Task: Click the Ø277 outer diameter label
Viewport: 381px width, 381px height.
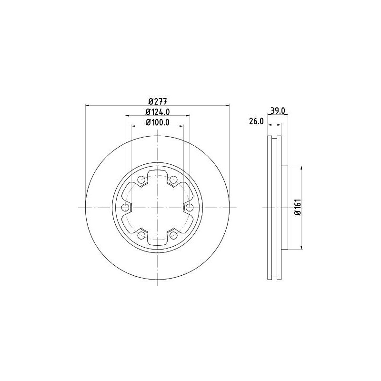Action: (158, 101)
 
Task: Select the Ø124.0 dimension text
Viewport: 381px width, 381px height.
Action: (158, 112)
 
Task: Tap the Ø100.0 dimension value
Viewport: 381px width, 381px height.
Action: (158, 122)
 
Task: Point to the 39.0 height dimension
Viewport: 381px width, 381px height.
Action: (278, 110)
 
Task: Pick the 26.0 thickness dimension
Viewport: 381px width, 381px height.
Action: (256, 122)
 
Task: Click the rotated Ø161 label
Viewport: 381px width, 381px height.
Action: (297, 208)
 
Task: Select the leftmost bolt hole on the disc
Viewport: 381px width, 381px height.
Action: (126, 208)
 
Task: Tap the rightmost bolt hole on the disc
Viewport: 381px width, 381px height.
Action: (189, 208)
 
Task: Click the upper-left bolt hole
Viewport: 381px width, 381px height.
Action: (141, 180)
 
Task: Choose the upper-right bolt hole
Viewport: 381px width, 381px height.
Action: (173, 180)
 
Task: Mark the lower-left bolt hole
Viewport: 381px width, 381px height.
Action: (141, 235)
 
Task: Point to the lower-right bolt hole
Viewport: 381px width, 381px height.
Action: (173, 235)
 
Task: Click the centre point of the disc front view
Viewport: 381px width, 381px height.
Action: (158, 208)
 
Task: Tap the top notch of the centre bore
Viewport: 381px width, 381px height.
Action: (158, 174)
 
